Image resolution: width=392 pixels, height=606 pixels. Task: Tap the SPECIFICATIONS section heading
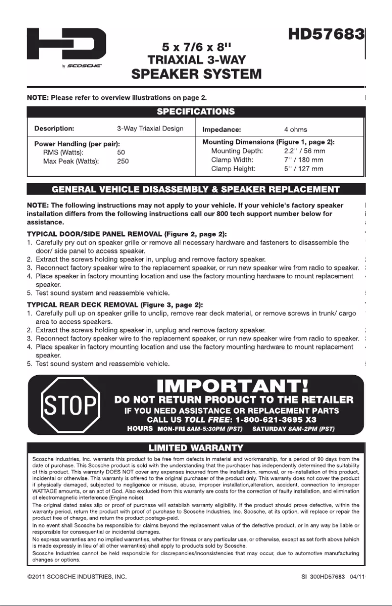[196, 111]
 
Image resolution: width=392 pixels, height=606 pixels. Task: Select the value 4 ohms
[295, 130]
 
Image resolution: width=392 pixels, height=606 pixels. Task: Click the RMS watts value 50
[121, 153]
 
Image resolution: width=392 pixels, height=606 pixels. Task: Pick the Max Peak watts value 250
[123, 161]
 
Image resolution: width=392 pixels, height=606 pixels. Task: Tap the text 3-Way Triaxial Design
[150, 129]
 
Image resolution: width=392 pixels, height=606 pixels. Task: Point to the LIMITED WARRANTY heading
[196, 448]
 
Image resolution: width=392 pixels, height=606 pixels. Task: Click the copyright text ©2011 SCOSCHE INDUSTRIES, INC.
[77, 577]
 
